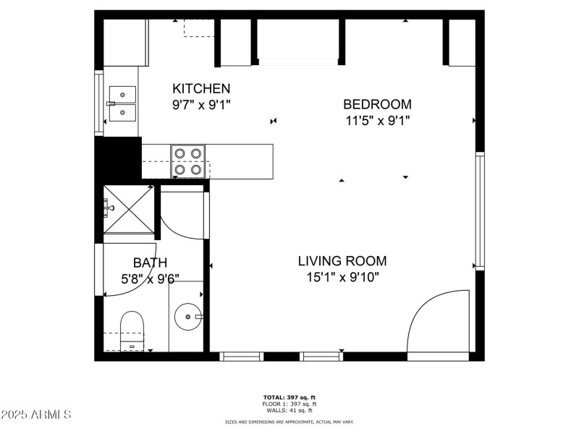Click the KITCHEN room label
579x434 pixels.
click(201, 88)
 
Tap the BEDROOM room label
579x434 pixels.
click(377, 104)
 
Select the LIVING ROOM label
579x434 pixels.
click(342, 261)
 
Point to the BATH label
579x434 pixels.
click(150, 263)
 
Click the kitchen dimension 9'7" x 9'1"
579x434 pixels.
click(201, 104)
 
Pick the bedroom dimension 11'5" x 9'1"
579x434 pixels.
click(377, 121)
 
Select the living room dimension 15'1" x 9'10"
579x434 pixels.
click(342, 277)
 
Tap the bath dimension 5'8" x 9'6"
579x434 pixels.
click(150, 278)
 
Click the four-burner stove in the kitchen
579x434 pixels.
click(188, 161)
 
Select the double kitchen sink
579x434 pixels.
click(122, 103)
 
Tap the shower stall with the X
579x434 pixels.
click(130, 210)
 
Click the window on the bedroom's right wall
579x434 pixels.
click(478, 210)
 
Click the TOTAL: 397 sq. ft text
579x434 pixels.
click(289, 397)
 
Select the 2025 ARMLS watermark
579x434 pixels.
click(36, 415)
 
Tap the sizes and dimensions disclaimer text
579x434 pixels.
click(289, 421)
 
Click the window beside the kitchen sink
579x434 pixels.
click(99, 103)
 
